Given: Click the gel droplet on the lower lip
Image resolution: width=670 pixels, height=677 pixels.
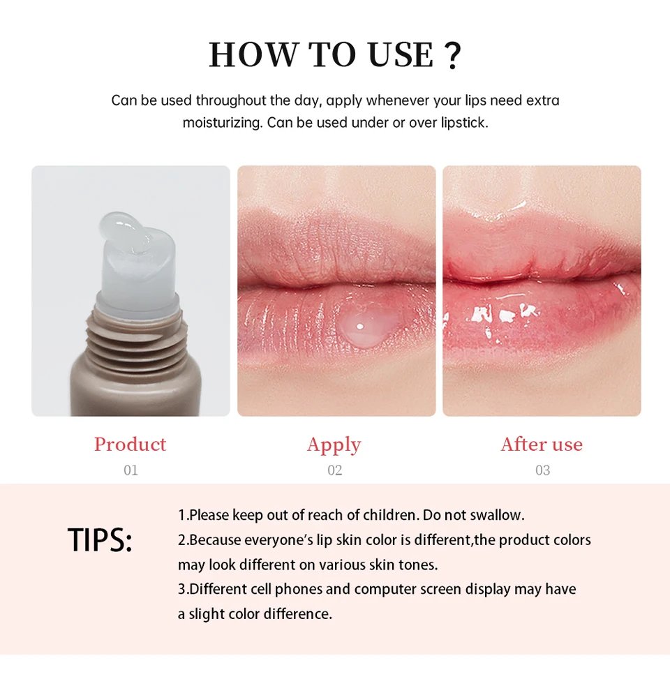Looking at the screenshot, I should click(366, 325).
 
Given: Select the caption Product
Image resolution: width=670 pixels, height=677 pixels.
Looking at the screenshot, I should click(131, 445).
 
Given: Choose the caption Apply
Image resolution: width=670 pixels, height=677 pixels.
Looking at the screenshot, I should click(334, 445).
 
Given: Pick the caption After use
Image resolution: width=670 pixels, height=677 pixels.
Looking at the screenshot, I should click(542, 445).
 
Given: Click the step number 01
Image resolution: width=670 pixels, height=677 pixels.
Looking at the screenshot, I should click(131, 470).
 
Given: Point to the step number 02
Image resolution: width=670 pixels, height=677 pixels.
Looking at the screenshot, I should click(334, 470).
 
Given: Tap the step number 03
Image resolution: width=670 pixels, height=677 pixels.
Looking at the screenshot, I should click(542, 470).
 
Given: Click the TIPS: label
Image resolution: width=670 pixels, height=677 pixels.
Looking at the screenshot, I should click(100, 540).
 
